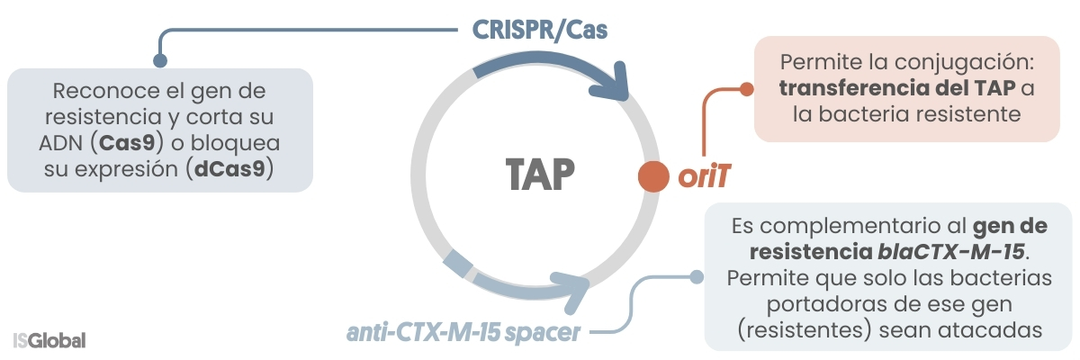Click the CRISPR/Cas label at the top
[x=541, y=30]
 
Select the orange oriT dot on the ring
[x=652, y=177]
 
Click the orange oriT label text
[x=703, y=178]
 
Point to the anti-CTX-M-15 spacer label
[x=464, y=333]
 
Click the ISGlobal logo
[x=49, y=341]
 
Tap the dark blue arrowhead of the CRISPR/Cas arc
[x=621, y=85]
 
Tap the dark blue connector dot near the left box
[x=161, y=61]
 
